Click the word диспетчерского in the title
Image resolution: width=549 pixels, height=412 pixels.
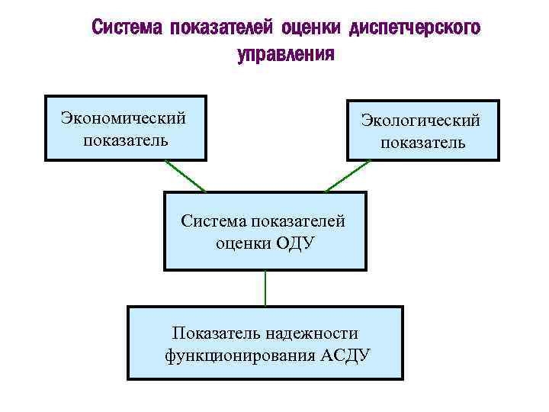pyautogui.click(x=416, y=28)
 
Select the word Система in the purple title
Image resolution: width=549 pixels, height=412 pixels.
pyautogui.click(x=127, y=28)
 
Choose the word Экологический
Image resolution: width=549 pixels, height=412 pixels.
pyautogui.click(x=422, y=121)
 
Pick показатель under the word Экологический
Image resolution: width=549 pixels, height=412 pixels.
pyautogui.click(x=422, y=143)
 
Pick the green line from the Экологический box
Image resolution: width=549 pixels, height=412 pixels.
pyautogui.click(x=348, y=175)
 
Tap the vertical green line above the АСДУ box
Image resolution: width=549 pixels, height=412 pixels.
pyautogui.click(x=265, y=288)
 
